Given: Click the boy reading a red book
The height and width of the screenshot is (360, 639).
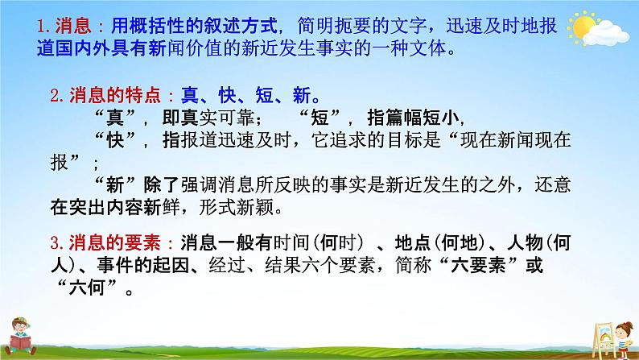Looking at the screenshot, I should (x=22, y=334).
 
